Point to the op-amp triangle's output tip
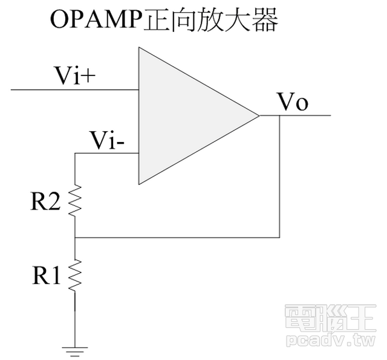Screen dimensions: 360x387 click(x=258, y=115)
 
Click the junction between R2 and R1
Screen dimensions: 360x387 click(x=74, y=237)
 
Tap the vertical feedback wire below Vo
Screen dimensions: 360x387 click(x=280, y=175)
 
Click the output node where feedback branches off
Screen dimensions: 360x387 click(x=280, y=115)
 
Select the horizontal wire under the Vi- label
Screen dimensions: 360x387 click(x=106, y=153)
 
